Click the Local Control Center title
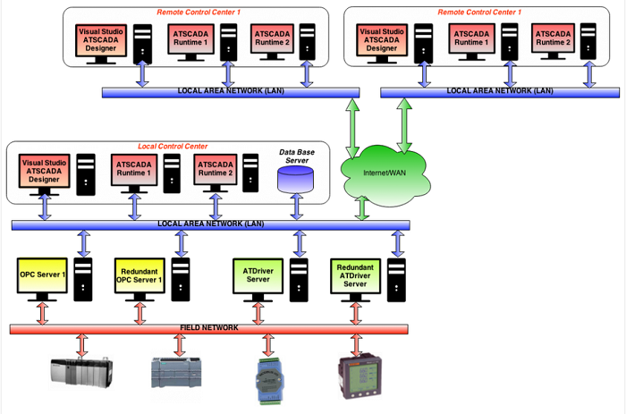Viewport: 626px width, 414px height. (173, 146)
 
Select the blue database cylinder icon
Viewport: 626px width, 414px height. (296, 179)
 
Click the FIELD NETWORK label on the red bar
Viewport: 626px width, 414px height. (208, 328)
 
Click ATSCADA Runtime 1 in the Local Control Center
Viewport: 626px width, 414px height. (135, 171)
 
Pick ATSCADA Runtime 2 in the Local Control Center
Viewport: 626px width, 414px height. (216, 171)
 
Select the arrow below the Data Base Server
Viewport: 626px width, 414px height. (296, 207)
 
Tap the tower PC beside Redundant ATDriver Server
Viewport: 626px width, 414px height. (397, 278)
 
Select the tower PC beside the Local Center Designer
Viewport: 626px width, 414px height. (85, 173)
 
